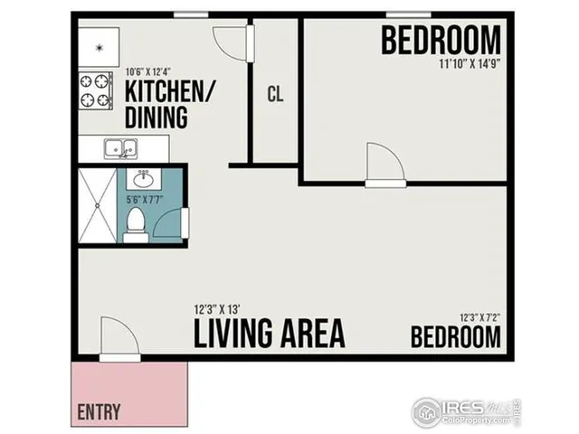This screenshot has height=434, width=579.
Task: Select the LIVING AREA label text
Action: click(270, 333)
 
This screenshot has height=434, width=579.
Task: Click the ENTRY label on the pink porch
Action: click(100, 411)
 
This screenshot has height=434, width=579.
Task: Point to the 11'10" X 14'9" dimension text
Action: click(470, 64)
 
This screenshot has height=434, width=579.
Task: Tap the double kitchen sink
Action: click(119, 147)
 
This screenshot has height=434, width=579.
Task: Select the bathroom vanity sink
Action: click(142, 177)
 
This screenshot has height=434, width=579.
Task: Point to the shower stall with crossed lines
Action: click(97, 205)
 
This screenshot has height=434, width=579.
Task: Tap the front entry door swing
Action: click(119, 340)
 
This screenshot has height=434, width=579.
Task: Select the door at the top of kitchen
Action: click(229, 40)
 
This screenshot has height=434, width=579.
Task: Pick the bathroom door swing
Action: click(172, 222)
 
